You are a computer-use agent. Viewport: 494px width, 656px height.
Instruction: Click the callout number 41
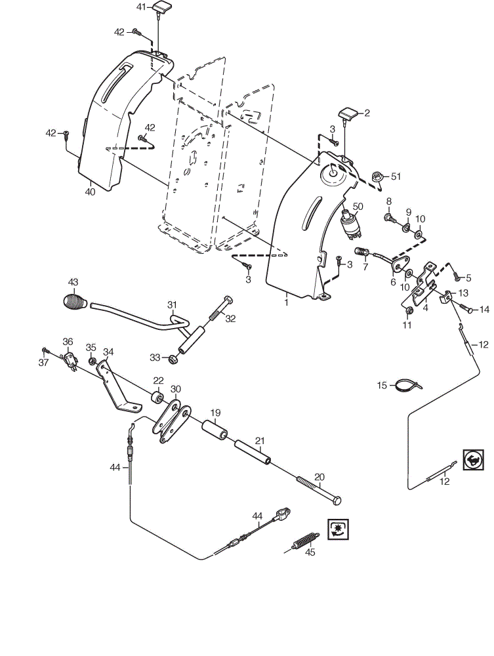coord(142,7)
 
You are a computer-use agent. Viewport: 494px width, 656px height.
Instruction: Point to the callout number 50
coord(358,206)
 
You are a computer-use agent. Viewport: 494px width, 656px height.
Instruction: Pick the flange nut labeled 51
coord(377,176)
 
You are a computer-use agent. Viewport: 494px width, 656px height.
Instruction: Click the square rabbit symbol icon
coord(474,460)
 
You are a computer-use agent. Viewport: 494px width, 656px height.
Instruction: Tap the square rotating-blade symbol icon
coord(338,529)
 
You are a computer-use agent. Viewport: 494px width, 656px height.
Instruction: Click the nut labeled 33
coord(173,359)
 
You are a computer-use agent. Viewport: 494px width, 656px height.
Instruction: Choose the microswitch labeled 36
coord(69,360)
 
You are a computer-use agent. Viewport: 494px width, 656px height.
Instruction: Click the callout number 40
coord(90,192)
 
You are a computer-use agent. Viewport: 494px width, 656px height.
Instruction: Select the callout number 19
coord(215,413)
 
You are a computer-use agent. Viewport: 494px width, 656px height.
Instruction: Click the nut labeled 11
coord(410,310)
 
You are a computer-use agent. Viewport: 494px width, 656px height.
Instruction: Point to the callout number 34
coord(108,352)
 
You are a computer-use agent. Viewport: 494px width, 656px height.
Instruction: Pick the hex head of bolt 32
coord(228,300)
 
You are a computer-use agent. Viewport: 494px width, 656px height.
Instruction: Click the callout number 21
coord(260,441)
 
